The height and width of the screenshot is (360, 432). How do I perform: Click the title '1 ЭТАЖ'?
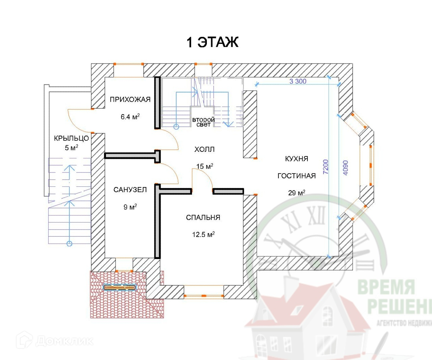213,42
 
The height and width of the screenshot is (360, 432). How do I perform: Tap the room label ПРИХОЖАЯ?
130,99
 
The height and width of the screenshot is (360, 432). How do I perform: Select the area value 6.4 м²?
130,117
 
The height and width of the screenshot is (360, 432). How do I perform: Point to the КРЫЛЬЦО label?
71,138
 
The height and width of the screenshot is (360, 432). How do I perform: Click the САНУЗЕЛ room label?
130,190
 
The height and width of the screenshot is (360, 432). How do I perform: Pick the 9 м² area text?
130,207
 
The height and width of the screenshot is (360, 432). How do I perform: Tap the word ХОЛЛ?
204,149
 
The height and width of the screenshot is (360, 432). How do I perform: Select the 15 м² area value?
205,166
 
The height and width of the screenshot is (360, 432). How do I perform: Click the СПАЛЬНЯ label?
203,217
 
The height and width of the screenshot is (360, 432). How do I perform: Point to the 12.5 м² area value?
203,234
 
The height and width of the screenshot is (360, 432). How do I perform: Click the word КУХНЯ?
296,159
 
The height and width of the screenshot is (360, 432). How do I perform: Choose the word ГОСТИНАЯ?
296,176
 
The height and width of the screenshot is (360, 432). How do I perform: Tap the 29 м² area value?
296,193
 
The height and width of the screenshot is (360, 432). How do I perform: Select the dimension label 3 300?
298,81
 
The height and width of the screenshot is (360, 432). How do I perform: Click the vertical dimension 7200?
325,167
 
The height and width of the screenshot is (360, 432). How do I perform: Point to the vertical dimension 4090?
345,168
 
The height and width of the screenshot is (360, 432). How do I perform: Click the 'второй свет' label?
204,122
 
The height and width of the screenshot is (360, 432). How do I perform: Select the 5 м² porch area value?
71,148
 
